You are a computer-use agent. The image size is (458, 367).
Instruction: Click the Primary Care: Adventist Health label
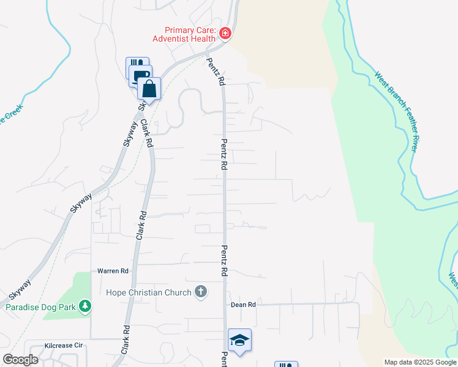pos(189,34)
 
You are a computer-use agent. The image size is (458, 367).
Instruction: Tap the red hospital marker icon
pos(225,33)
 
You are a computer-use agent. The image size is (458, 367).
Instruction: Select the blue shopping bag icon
pos(149,89)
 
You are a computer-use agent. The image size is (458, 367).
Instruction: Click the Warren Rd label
pos(113,270)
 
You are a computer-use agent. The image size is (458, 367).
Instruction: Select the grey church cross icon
pos(201,292)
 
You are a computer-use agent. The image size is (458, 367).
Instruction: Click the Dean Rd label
pos(243,305)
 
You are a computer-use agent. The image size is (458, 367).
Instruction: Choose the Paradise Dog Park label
pos(41,307)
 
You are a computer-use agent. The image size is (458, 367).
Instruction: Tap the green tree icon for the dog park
pos(87,305)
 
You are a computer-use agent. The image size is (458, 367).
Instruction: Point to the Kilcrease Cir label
pos(64,346)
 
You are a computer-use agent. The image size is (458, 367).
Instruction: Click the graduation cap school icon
pos(240,341)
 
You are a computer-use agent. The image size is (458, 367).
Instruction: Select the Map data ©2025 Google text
pos(420,362)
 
